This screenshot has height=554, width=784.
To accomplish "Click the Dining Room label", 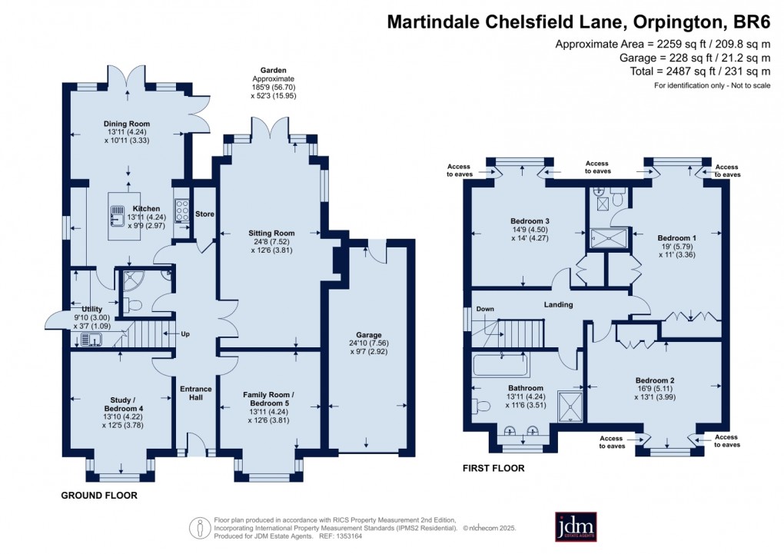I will (127, 124).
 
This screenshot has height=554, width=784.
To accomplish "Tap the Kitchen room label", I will (146, 208).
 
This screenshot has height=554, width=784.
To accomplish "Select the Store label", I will (204, 214).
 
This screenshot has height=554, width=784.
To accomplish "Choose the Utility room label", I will (81, 307).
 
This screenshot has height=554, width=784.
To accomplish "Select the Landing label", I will (558, 305).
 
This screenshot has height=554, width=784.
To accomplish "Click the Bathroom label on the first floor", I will (526, 388).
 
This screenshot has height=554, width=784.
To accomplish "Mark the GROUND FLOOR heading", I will (99, 496).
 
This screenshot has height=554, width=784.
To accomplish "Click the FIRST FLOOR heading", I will (493, 468).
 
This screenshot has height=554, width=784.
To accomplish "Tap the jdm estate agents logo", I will (576, 526).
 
